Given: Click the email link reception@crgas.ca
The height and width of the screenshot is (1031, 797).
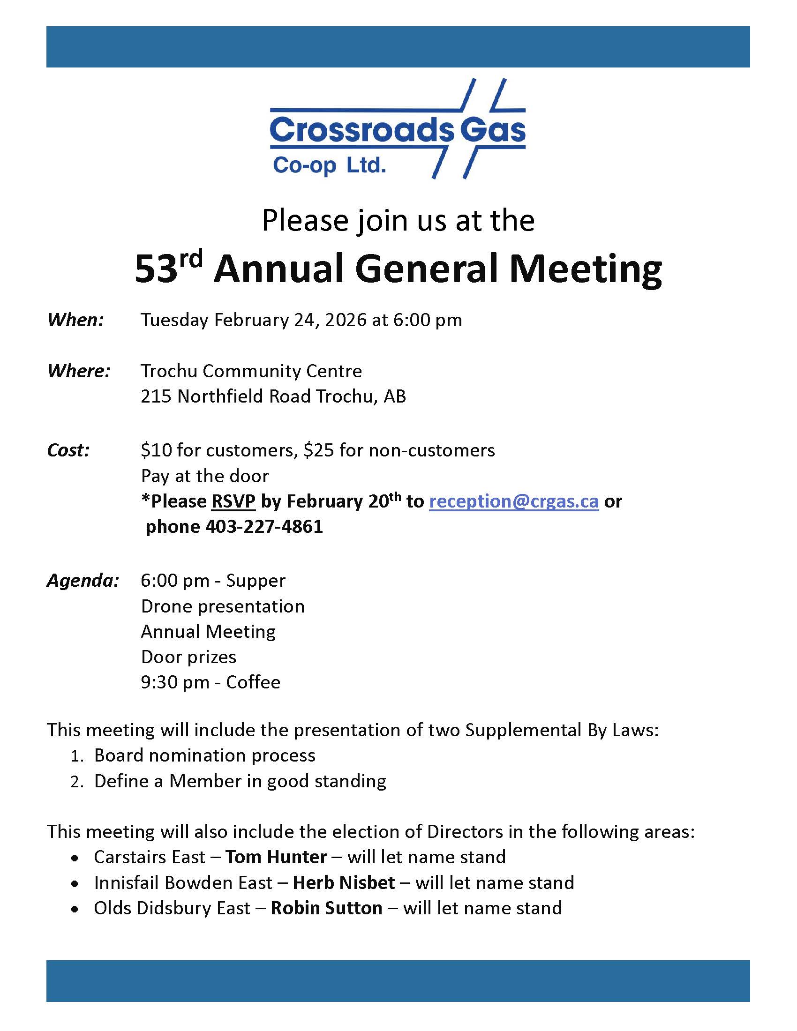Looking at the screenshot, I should coord(514,501).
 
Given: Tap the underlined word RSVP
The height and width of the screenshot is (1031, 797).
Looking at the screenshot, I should coord(233,501).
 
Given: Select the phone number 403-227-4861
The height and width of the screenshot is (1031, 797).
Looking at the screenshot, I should coord(264,526).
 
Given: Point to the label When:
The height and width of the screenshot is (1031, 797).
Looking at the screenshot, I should coord(75,320).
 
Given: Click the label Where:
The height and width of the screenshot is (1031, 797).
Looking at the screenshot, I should coord(79,371).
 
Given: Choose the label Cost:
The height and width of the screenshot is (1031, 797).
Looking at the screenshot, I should coord(68,450).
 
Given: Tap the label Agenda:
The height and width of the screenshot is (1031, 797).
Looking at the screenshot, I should coord(83,581).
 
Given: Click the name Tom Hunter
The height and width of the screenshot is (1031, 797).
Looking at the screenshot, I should coord(276,857).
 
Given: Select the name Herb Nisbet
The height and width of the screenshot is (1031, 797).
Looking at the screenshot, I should coord(344,882).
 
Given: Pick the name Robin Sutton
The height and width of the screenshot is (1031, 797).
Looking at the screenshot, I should coord(326,908).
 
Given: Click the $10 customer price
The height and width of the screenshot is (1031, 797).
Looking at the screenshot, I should coord(156,450).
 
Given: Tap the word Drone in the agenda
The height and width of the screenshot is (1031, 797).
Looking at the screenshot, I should coord(165,606).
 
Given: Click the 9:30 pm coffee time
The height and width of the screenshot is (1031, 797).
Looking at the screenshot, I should coord(175,682).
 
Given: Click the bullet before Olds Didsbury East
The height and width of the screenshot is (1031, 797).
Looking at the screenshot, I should coord(75,909).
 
